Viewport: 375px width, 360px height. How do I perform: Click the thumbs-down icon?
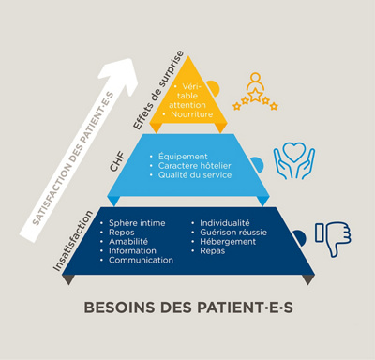332,238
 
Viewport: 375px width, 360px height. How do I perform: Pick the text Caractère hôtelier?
195,165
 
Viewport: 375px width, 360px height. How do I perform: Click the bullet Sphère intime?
137,223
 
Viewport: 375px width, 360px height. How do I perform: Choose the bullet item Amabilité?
131,242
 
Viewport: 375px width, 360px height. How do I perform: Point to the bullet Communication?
141,260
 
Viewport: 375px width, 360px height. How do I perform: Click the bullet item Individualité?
224,223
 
